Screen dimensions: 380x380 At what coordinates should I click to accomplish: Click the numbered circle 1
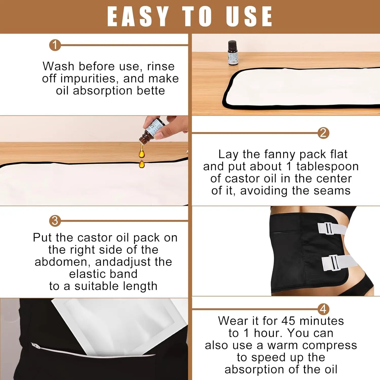55,45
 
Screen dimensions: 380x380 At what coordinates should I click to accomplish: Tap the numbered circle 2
323,133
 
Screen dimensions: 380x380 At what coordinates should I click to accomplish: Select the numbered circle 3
55,221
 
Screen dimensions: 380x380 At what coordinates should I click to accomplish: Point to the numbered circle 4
323,309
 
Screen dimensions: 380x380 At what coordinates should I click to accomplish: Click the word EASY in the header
138,16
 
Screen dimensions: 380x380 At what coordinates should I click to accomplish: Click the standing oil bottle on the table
233,53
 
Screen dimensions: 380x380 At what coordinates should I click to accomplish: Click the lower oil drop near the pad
142,164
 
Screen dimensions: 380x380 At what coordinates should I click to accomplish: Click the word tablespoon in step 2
327,166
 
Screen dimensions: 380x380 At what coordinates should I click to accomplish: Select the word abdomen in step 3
62,262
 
